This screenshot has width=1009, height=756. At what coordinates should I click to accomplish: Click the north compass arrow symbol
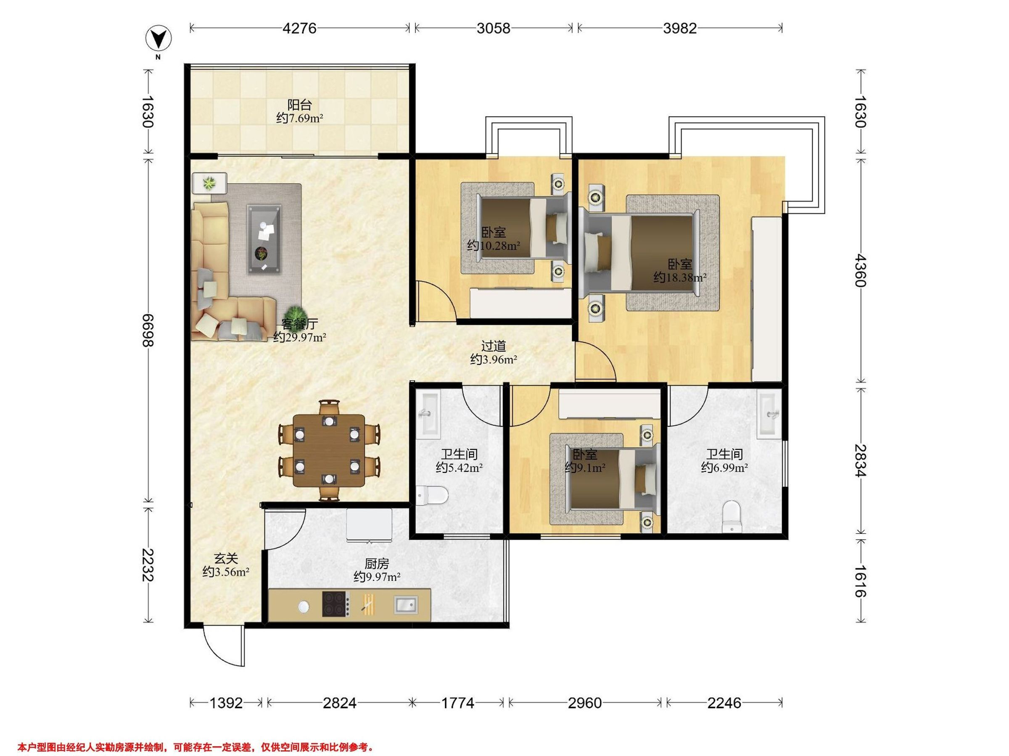(158, 39)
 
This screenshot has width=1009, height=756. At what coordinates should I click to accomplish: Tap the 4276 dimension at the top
(299, 28)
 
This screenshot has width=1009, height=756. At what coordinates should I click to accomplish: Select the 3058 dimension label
(493, 28)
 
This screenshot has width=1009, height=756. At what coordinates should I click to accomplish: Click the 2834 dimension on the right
(860, 460)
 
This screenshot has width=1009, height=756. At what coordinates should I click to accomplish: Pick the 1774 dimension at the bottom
(457, 703)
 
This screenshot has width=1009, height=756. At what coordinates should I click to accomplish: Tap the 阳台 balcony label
(300, 105)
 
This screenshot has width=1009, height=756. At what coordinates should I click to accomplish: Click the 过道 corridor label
(494, 346)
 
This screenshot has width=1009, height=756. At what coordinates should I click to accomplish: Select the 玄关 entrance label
(226, 558)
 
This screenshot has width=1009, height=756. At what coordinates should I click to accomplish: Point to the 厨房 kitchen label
(377, 564)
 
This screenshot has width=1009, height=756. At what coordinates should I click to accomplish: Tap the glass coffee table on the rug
(264, 239)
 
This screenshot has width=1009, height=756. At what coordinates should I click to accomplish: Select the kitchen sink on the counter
(406, 605)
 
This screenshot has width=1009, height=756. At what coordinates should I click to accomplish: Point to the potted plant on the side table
(209, 184)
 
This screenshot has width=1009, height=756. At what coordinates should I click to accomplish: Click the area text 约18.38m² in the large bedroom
(680, 277)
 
